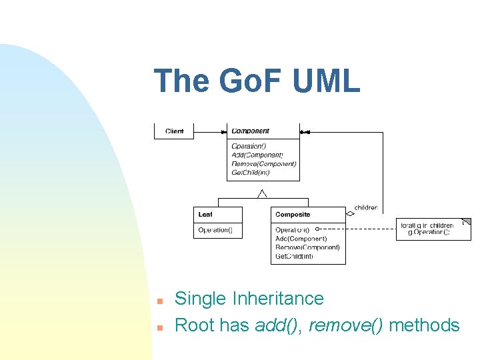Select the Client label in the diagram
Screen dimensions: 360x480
click(175, 131)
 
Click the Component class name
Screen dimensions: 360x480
click(251, 131)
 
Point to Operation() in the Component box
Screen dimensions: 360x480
click(249, 146)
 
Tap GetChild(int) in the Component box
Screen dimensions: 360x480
click(251, 172)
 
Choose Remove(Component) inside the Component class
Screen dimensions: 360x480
click(263, 163)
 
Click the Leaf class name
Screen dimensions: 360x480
click(205, 215)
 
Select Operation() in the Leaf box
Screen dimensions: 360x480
click(215, 230)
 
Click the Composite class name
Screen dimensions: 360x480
click(293, 215)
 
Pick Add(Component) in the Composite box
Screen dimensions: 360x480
click(301, 239)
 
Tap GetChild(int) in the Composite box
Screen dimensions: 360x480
click(294, 256)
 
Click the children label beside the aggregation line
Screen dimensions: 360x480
click(365, 208)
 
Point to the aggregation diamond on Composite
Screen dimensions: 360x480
click(350, 214)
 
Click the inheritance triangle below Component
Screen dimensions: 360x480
click(263, 193)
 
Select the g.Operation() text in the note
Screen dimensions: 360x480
click(429, 232)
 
